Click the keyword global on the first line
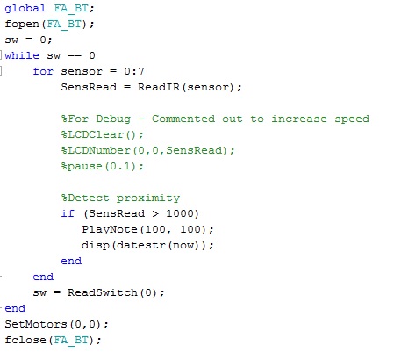pos(25,9)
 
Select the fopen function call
pos(49,24)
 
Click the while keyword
pos(22,55)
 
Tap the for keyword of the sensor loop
pos(43,71)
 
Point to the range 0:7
pos(134,71)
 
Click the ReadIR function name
pos(159,87)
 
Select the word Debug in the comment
pos(113,119)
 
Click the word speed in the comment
pos(352,119)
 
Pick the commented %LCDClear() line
pos(102,134)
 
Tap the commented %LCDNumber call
pos(147,150)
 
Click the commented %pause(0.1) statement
pos(102,166)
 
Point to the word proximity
pos(148,198)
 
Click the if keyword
pos(68,213)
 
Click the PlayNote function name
pos(110,229)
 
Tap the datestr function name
pos(141,245)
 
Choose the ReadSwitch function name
pos(103,292)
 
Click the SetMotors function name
pos(36,324)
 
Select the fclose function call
pos(53,340)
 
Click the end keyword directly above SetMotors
pos(15,308)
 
